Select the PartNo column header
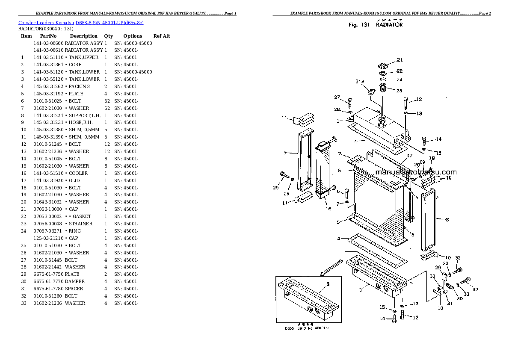click(48, 36)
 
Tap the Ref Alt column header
click(162, 36)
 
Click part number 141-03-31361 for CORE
click(48, 65)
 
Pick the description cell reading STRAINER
click(81, 224)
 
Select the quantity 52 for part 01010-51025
click(107, 101)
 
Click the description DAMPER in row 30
click(75, 281)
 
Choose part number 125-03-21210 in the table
click(48, 238)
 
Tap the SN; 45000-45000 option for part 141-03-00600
click(133, 43)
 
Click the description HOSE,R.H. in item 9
click(81, 122)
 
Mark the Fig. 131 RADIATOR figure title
click(375, 25)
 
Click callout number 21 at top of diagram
click(400, 60)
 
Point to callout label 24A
click(360, 81)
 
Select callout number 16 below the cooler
click(328, 209)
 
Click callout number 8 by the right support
click(447, 220)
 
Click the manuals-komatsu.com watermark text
click(416, 172)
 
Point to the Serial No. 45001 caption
click(308, 328)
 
